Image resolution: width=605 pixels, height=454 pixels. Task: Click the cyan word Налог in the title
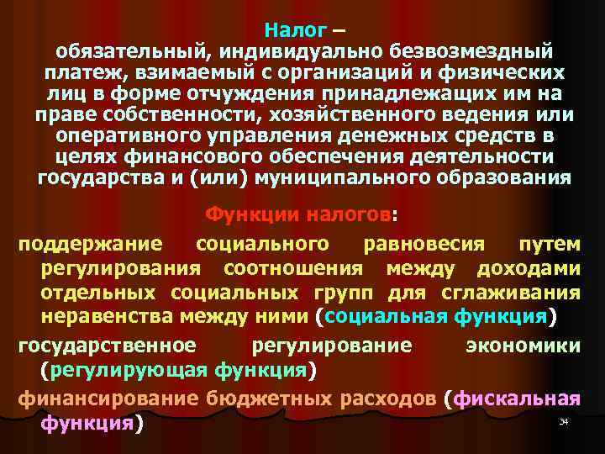click(294, 31)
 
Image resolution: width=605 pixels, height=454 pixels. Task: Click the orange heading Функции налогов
click(298, 215)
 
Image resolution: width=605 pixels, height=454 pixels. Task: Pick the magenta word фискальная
click(515, 399)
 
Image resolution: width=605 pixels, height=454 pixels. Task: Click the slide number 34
click(564, 420)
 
